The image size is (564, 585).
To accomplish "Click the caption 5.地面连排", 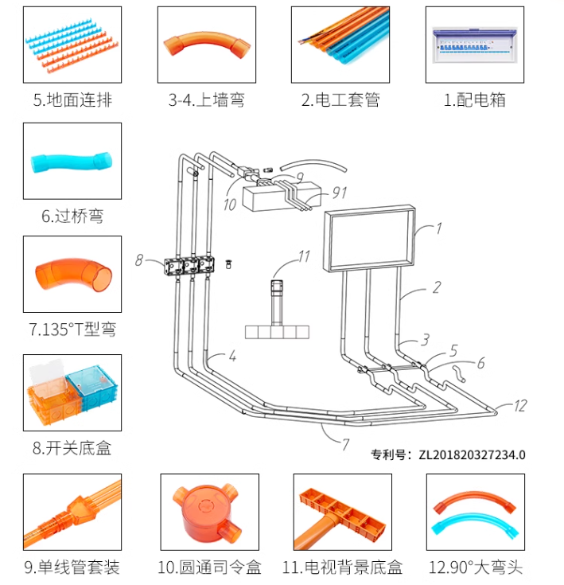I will click(x=72, y=101).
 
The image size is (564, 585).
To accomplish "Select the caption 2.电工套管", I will click(x=340, y=101).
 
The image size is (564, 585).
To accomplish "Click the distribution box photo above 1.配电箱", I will click(x=474, y=45).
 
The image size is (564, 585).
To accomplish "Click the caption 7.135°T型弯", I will click(x=72, y=330).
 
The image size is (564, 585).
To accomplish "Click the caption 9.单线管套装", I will click(x=72, y=567).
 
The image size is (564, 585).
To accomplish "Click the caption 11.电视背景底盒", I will click(x=342, y=567).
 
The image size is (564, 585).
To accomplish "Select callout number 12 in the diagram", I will click(x=519, y=406).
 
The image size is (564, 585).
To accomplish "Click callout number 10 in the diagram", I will click(x=229, y=205).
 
